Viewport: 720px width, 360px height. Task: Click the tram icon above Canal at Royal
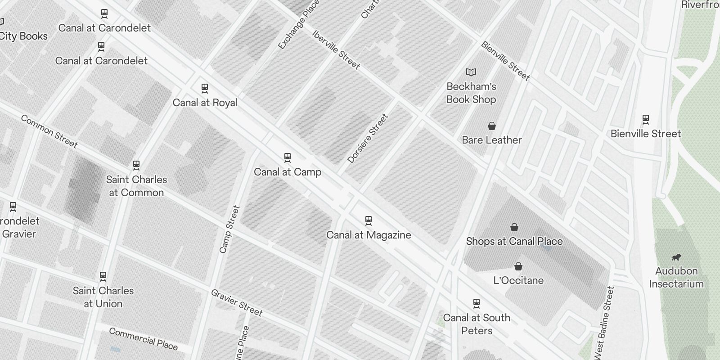pos(205,88)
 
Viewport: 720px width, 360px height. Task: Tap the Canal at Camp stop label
pos(288,172)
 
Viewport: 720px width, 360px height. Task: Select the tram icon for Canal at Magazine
pos(369,220)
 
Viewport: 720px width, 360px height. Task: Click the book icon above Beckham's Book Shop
pos(471,72)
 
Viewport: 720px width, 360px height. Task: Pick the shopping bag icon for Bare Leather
pos(492,126)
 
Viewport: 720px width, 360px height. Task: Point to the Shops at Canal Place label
pos(514,241)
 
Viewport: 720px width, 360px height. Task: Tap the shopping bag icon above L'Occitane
pos(518,266)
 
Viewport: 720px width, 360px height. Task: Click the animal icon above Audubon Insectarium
pos(676,257)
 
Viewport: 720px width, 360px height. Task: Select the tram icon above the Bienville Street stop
pos(646,119)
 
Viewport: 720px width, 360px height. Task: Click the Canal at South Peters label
pos(477,324)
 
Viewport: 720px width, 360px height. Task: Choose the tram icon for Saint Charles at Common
pos(136,165)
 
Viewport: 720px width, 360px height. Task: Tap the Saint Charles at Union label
pos(103,297)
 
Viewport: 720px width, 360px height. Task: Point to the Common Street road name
pos(49,131)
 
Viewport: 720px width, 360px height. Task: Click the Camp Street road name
pos(229,229)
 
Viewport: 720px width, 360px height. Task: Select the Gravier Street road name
pos(237,302)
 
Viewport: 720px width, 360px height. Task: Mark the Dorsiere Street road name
pos(368,139)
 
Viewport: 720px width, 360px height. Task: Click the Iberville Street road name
pos(336,50)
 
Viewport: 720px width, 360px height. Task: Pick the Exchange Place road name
pos(299,25)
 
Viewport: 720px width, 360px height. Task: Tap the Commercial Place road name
pos(144,339)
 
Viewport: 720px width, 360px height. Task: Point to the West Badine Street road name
pos(604,323)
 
